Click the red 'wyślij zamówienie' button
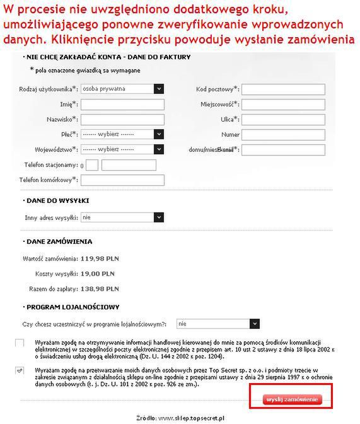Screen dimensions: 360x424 tap(293, 399)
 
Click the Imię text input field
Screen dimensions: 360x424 tap(122, 104)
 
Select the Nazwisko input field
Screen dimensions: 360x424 tap(122, 119)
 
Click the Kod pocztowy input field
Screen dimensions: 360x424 tap(283, 89)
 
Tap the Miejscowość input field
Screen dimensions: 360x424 tap(283, 104)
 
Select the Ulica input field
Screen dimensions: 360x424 tap(283, 119)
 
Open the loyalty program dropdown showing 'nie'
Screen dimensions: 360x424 tap(218, 323)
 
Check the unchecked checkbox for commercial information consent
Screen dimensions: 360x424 tap(20, 343)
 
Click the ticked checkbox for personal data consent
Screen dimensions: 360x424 tap(20, 370)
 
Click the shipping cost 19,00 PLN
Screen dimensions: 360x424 tap(97, 274)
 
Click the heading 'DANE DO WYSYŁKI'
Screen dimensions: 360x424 tap(57, 200)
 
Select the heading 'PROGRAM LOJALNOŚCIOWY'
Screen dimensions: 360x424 tap(73, 307)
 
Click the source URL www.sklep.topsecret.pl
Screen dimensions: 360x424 tap(192, 418)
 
